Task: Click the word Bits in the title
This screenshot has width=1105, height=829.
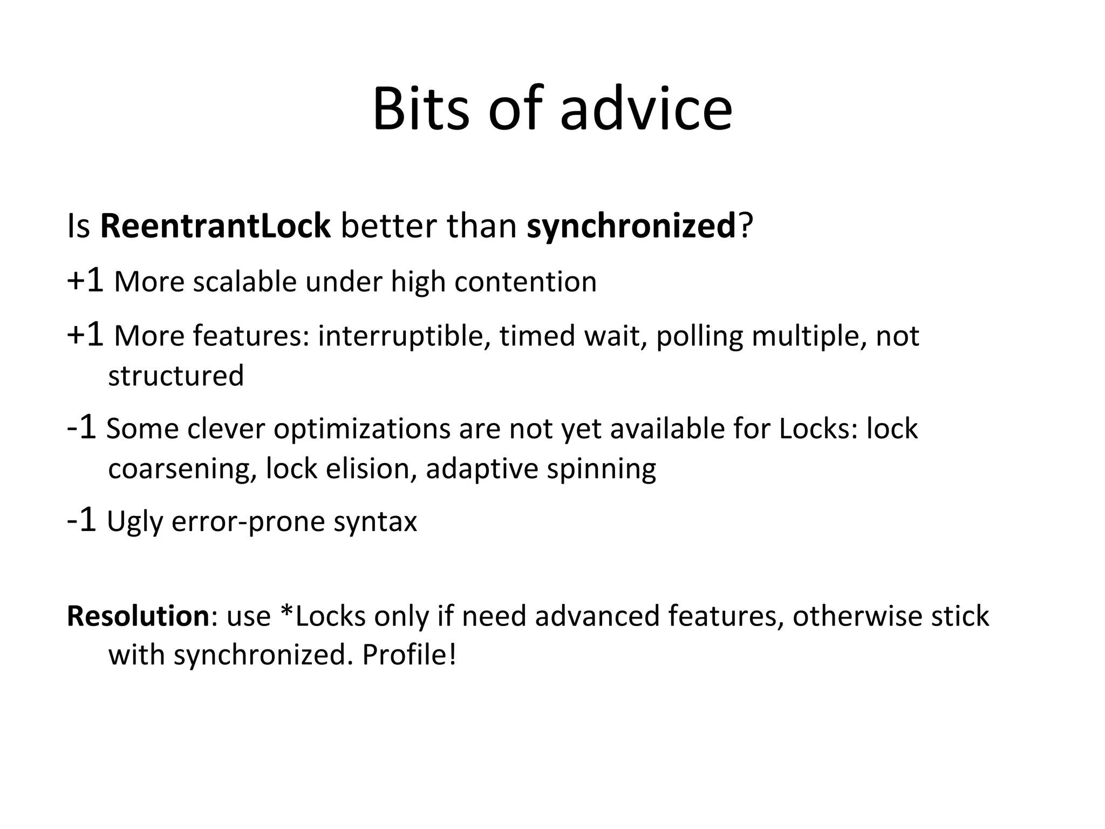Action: (421, 109)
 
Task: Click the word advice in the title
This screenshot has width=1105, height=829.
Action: (646, 109)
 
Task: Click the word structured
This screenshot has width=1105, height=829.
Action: (176, 376)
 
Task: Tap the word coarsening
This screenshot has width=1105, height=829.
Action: (182, 468)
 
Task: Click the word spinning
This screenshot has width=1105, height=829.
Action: (601, 468)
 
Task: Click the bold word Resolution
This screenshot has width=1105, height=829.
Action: (138, 616)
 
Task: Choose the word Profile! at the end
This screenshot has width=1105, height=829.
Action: (409, 655)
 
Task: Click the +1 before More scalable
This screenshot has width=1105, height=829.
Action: (85, 281)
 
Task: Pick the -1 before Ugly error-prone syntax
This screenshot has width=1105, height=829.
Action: (81, 520)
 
